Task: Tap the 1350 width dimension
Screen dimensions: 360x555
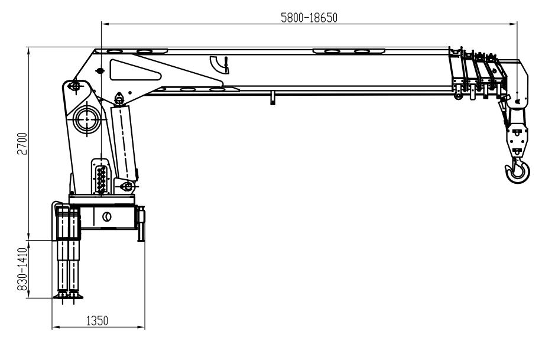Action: pos(98,320)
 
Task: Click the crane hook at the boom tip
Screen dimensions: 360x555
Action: pos(518,171)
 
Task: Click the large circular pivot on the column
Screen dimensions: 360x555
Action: pos(87,118)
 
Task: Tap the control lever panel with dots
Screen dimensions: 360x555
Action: pos(102,176)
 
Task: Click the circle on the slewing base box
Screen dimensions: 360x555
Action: pos(107,217)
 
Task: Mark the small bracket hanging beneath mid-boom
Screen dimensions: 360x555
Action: pos(272,98)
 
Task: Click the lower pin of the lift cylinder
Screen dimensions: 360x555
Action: pos(126,187)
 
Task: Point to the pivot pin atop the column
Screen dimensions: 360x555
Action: pos(74,87)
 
